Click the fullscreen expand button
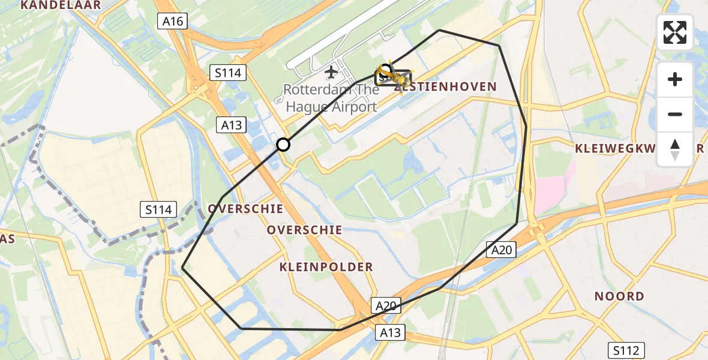point(675,32)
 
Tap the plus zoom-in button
point(675,80)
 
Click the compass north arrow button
point(675,149)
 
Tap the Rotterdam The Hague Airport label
point(331,98)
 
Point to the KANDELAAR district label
point(61,5)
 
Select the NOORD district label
point(619,296)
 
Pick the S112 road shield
point(626,350)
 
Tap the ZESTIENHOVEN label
point(447,87)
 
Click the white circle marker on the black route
point(283,145)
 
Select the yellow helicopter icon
point(393,77)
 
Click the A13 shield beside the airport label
point(232,125)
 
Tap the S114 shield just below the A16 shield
point(228,73)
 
